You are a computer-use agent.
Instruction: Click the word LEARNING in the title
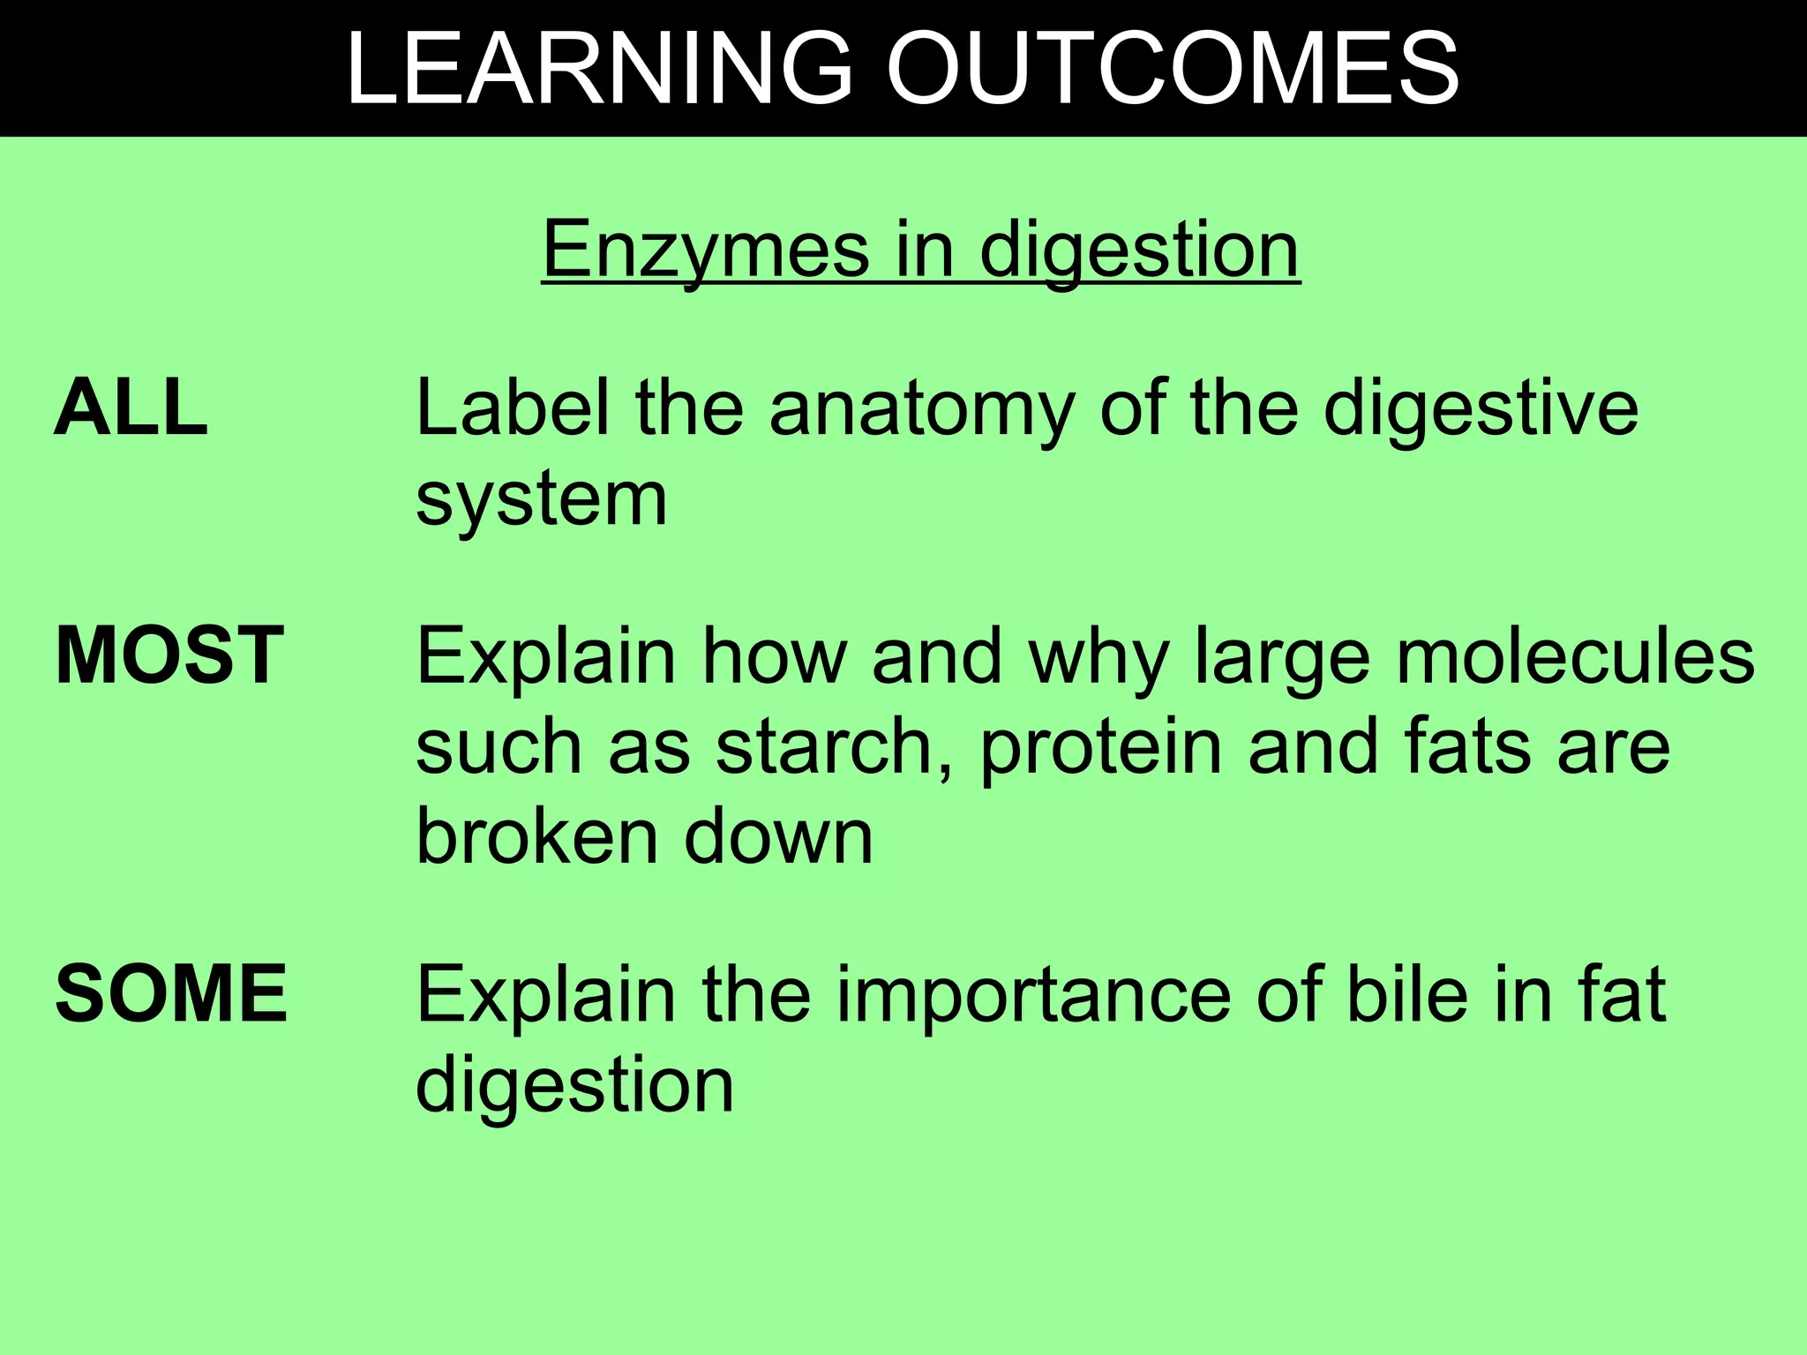(600, 69)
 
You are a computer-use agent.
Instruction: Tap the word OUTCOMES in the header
(1173, 69)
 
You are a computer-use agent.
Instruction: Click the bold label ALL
(131, 408)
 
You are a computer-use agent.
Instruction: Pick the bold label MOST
(169, 655)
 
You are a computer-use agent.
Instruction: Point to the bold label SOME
(171, 994)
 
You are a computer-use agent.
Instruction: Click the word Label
(513, 408)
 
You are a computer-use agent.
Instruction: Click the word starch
(834, 746)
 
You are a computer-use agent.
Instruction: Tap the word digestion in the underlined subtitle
(1139, 252)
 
